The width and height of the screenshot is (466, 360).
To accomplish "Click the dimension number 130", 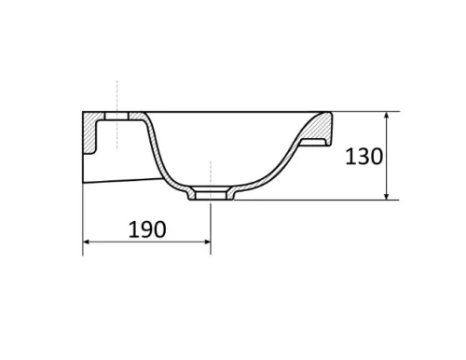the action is pyautogui.click(x=363, y=157).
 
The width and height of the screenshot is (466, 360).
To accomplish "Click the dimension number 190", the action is pyautogui.click(x=147, y=229).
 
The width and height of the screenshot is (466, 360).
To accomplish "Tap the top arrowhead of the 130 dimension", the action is pyautogui.click(x=387, y=115).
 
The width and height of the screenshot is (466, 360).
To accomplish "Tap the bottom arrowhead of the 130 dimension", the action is pyautogui.click(x=387, y=196).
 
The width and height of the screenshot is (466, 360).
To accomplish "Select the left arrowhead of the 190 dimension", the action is pyautogui.click(x=87, y=242).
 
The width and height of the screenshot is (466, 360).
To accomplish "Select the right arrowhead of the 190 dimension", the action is pyautogui.click(x=207, y=242).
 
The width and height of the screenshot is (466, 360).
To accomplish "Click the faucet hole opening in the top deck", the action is pyautogui.click(x=116, y=116).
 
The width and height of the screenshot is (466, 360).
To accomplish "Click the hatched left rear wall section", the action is pyautogui.click(x=89, y=132).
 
